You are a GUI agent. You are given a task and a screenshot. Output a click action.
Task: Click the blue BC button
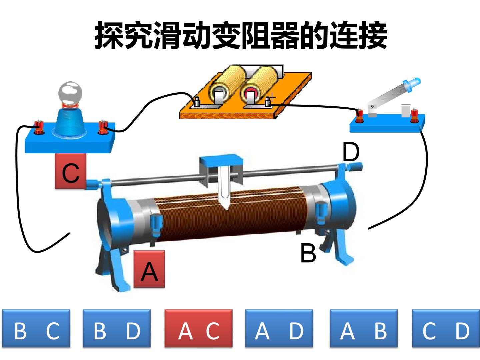[x=36, y=328]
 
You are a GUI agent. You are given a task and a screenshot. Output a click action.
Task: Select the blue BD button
[x=117, y=328]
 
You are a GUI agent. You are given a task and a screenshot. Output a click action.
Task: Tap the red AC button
[x=198, y=328]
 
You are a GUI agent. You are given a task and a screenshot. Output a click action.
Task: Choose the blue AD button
[x=279, y=328]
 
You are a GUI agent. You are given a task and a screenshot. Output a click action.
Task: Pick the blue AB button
[x=363, y=328]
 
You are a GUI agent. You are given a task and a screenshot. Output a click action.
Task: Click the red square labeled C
[x=71, y=171]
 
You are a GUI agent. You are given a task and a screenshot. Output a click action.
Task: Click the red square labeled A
[x=149, y=269]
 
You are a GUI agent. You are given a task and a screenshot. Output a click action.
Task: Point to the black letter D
[x=351, y=152]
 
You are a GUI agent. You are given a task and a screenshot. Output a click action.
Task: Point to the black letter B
[x=308, y=253]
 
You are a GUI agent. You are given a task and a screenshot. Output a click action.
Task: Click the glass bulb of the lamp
[x=70, y=93]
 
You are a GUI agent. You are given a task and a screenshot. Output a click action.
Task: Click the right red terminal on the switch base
[x=414, y=116]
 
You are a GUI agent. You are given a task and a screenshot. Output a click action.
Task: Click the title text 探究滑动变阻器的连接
[x=241, y=35]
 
